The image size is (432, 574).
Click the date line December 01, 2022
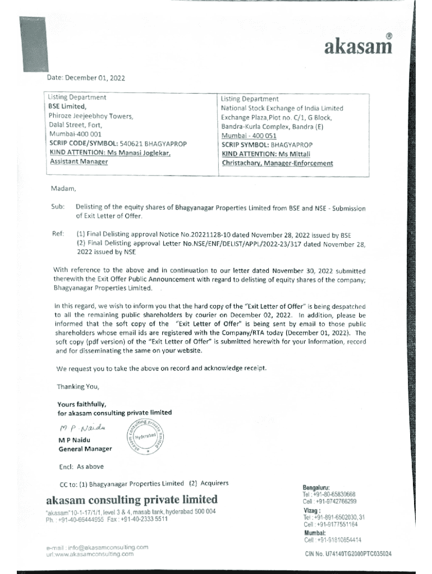pyautogui.click(x=88, y=78)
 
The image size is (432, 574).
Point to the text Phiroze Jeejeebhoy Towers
pyautogui.click(x=90, y=117)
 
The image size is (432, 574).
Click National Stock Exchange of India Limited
pyautogui.click(x=282, y=108)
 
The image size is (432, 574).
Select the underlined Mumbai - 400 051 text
pyautogui.click(x=249, y=136)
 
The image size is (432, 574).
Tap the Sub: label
pyautogui.click(x=59, y=208)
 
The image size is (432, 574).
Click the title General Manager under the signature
pyautogui.click(x=85, y=449)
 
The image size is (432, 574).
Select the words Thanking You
pyautogui.click(x=78, y=387)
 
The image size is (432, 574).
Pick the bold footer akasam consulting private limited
pyautogui.click(x=131, y=499)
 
